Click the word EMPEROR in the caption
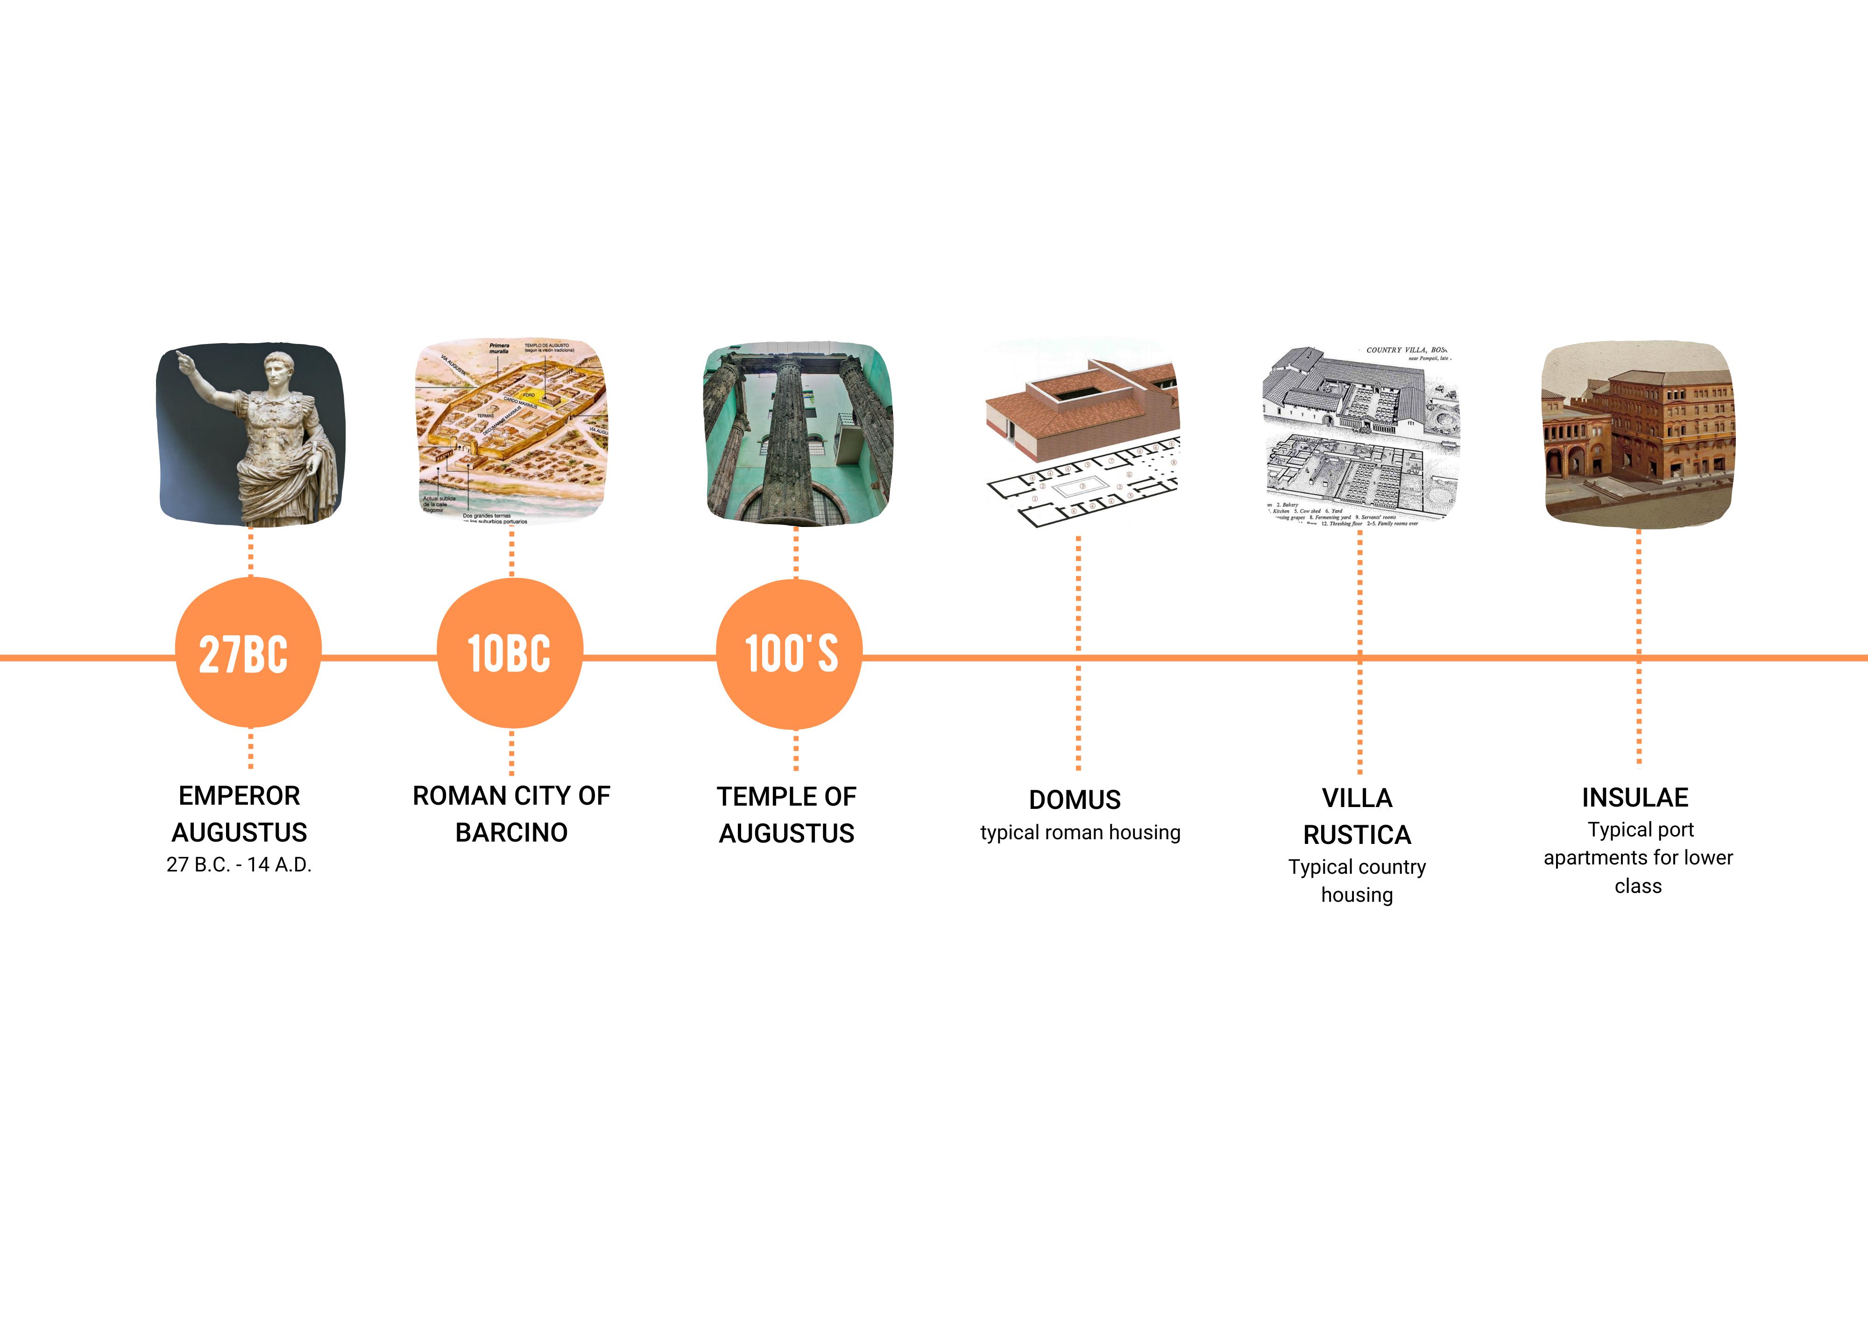[239, 795]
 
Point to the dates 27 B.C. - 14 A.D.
[239, 864]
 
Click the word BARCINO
[511, 833]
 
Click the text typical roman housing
[1080, 833]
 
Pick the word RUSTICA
[1357, 835]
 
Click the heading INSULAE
[1635, 798]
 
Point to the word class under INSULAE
[1638, 886]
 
